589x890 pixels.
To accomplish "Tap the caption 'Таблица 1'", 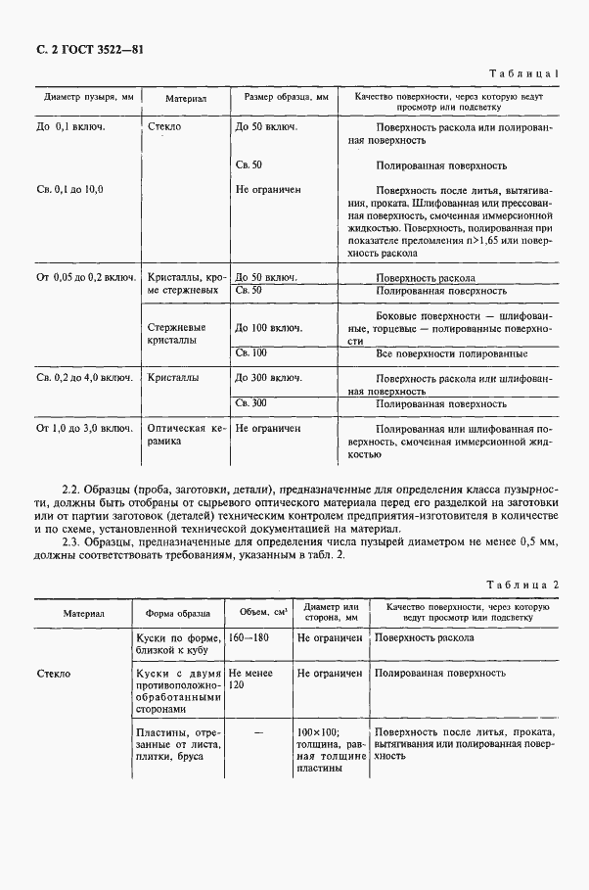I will [527, 74].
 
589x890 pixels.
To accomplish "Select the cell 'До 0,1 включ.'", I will [70, 127].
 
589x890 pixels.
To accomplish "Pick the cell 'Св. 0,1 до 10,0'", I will [69, 188].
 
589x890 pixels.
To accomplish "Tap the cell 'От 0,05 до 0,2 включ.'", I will [85, 277].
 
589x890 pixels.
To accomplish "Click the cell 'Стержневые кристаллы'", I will [175, 333].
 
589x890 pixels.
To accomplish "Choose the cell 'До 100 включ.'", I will [267, 327].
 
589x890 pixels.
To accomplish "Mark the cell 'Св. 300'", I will [251, 402].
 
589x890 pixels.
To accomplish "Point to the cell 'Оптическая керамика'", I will [186, 435].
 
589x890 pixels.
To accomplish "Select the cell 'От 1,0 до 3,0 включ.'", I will [84, 428].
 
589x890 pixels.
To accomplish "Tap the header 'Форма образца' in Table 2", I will [177, 613].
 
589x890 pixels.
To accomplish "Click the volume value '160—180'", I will [248, 637].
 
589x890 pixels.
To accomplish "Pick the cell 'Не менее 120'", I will [246, 680].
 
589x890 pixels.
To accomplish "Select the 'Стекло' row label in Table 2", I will [55, 674].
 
